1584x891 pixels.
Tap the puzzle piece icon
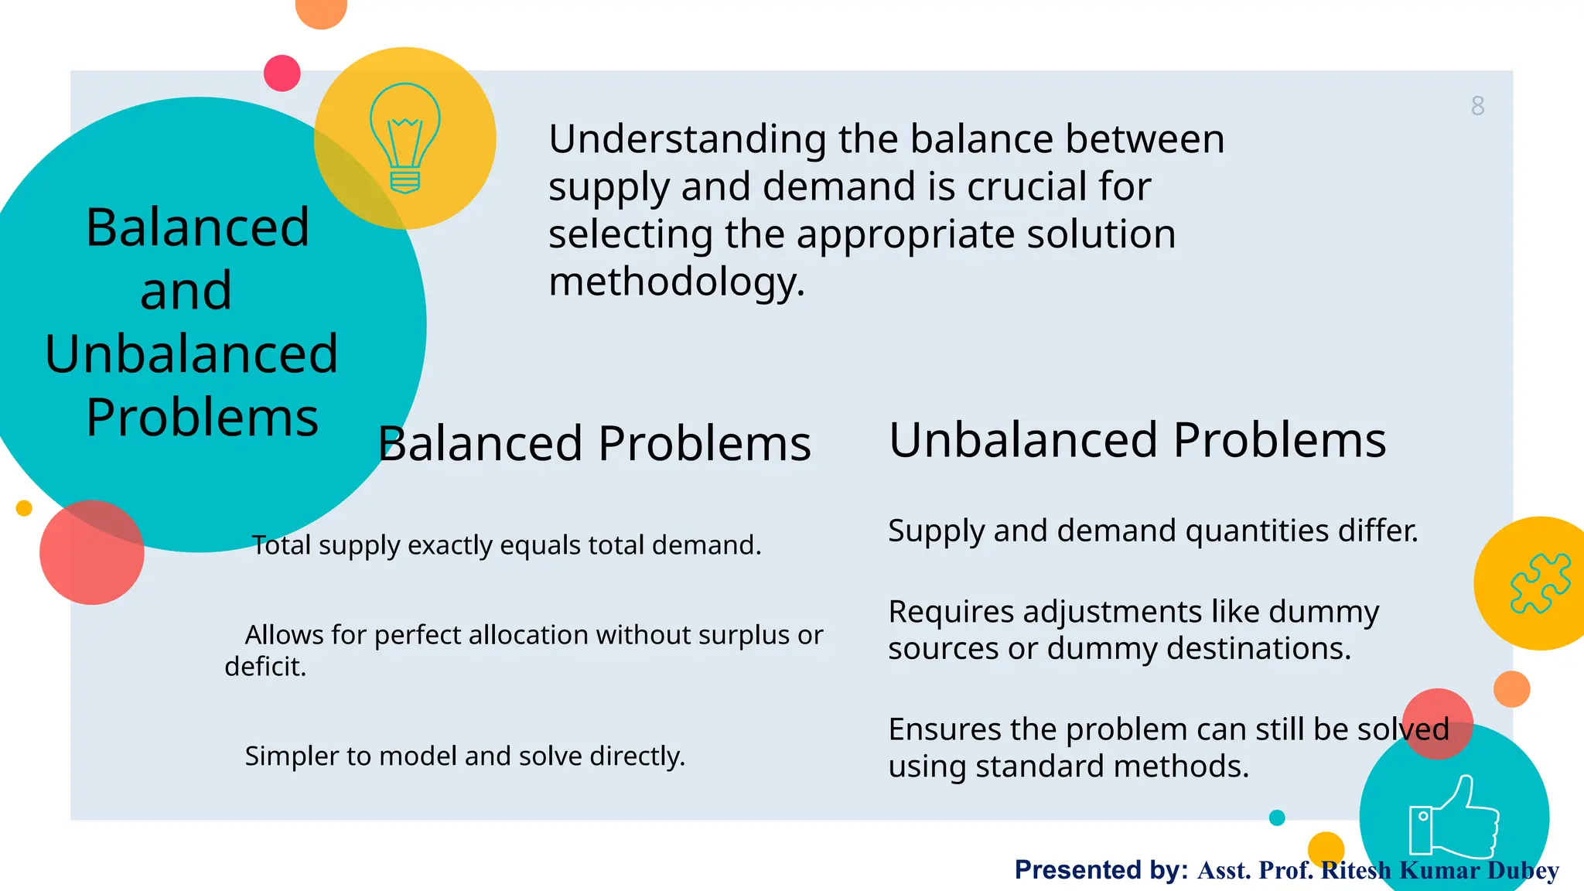1539,583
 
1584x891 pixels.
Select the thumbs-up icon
1453,818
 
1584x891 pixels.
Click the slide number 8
1477,106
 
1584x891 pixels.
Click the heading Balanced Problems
594,444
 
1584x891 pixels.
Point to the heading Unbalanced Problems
1137,440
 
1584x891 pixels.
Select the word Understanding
688,139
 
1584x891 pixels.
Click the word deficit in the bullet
265,667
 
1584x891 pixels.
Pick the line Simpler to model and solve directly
465,756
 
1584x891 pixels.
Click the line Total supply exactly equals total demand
507,545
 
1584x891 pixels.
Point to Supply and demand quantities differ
1152,531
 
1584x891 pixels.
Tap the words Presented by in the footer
1101,869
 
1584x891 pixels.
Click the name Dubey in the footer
1522,870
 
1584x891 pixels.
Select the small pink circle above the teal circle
282,73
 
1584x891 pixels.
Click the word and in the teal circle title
186,291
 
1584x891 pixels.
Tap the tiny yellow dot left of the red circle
24,508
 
